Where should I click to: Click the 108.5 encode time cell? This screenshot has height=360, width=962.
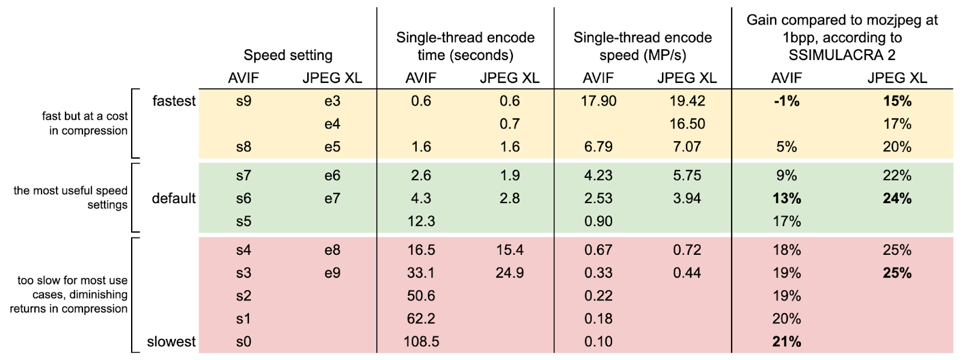[421, 341]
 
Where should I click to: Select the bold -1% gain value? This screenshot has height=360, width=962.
[786, 101]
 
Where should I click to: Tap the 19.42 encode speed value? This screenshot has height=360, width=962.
[687, 101]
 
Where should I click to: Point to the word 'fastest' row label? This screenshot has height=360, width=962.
[174, 101]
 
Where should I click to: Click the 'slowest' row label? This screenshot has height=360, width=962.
[171, 341]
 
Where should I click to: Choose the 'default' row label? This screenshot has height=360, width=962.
[174, 198]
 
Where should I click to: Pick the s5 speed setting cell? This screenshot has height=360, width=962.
[244, 221]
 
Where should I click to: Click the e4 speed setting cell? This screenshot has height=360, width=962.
[332, 124]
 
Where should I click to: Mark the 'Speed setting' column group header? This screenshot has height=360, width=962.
[288, 55]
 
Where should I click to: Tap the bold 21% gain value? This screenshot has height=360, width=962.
[786, 341]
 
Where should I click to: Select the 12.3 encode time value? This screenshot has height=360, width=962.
[421, 221]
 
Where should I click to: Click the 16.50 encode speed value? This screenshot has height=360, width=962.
[687, 124]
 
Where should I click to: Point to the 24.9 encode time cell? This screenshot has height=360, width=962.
[510, 273]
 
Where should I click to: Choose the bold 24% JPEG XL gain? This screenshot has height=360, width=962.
[897, 198]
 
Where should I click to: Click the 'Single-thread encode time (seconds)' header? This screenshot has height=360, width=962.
[465, 46]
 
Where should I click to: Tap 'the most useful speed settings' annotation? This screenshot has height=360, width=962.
[71, 197]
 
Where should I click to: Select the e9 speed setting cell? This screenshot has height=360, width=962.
[332, 273]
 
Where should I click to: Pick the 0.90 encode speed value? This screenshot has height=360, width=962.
[598, 221]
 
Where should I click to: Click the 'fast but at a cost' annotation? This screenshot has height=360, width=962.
[85, 116]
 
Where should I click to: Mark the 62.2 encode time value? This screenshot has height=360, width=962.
[421, 319]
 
